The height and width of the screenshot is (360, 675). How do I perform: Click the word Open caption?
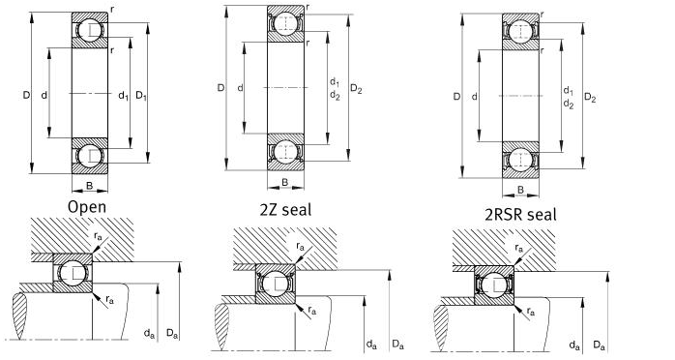coord(86,207)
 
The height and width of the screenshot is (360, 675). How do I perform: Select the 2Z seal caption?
coord(285,210)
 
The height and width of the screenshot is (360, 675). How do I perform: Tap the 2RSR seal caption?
coord(520,215)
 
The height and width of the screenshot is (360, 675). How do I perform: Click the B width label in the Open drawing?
coord(90,186)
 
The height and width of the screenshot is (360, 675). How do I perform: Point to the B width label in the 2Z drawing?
coord(285,183)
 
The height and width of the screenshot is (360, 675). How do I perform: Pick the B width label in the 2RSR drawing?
coord(520,190)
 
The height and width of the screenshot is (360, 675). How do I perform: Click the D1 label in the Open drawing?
coord(141,96)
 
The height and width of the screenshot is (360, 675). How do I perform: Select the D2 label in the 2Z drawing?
coord(356,89)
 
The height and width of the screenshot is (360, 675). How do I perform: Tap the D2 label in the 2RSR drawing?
coord(590,98)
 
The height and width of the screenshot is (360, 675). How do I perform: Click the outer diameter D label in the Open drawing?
coord(26,95)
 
